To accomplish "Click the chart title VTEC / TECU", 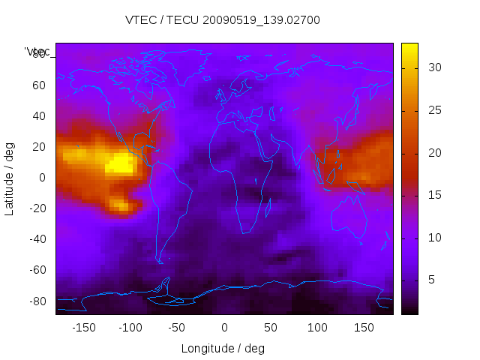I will tap(223, 20).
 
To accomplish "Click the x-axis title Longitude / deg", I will tap(223, 348).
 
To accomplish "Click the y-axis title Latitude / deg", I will tap(10, 178).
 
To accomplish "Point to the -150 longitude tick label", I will tap(84, 327).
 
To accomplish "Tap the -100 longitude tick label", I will tap(130, 327).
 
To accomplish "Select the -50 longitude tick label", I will tap(177, 327).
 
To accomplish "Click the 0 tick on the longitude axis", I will tap(224, 327).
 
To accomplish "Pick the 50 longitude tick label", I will tap(271, 327).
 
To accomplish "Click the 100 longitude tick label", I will tap(317, 327).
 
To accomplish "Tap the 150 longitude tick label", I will tap(364, 327).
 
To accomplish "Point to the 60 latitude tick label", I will tap(38, 85).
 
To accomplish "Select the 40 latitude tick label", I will tap(38, 115).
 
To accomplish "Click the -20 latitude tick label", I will tap(36, 208).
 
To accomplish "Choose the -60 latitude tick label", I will tap(36, 270).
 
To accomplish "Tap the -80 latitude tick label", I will tap(36, 301).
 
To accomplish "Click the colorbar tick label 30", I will tap(433, 67).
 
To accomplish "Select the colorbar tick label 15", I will tap(433, 195).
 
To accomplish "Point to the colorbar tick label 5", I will tap(430, 280).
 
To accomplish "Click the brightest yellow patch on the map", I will tap(119, 163).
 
